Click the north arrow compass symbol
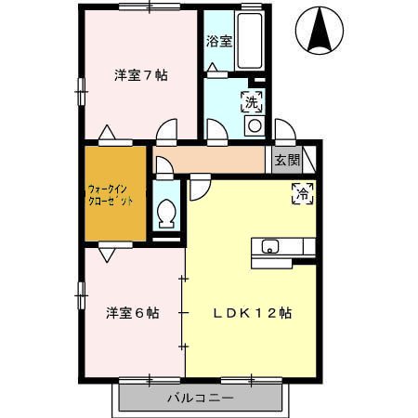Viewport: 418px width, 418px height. [x=320, y=31]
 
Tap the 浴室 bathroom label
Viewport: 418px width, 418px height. [x=219, y=42]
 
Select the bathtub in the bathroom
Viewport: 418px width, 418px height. [x=250, y=40]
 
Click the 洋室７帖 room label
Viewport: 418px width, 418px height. [x=141, y=75]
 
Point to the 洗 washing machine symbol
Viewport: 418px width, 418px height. [x=252, y=102]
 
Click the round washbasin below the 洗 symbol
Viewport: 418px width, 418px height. [x=255, y=125]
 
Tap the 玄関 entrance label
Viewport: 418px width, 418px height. [x=287, y=160]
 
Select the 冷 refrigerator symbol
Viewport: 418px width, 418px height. [x=303, y=194]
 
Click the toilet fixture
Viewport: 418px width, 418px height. [x=166, y=214]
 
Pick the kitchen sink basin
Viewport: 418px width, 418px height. [x=270, y=246]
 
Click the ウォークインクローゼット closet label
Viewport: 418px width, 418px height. [x=111, y=195]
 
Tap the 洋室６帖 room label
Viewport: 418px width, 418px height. [x=133, y=313]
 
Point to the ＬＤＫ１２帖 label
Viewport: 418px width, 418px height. [x=252, y=313]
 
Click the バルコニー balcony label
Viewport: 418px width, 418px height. [x=201, y=398]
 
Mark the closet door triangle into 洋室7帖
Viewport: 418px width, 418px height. [x=107, y=132]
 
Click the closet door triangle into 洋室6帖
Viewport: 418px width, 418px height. [x=107, y=255]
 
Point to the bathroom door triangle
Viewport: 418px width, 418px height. [x=213, y=67]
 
